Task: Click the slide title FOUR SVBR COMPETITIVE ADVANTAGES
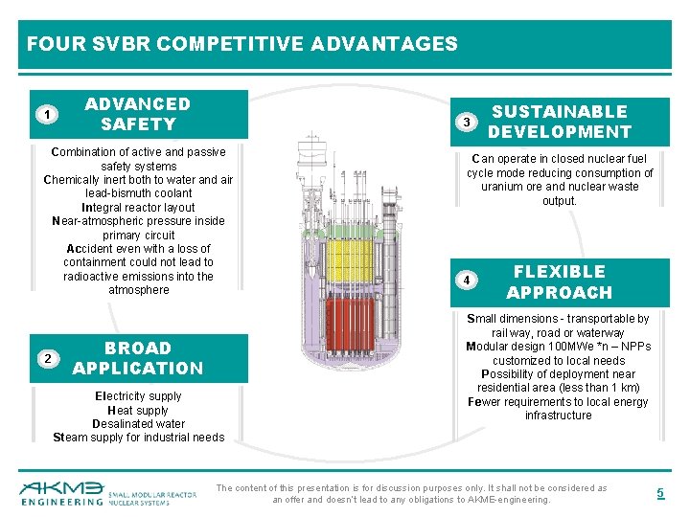click(242, 44)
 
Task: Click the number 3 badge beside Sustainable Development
click(465, 123)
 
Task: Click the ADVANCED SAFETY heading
click(138, 114)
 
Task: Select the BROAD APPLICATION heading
click(138, 358)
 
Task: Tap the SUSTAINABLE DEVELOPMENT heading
click(560, 122)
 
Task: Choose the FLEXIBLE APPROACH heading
click(560, 282)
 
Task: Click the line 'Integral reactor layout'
click(138, 207)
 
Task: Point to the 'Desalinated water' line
click(138, 424)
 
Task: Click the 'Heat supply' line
click(138, 410)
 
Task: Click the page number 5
click(659, 493)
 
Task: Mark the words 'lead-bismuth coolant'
click(138, 193)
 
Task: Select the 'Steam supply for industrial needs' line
click(138, 438)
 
